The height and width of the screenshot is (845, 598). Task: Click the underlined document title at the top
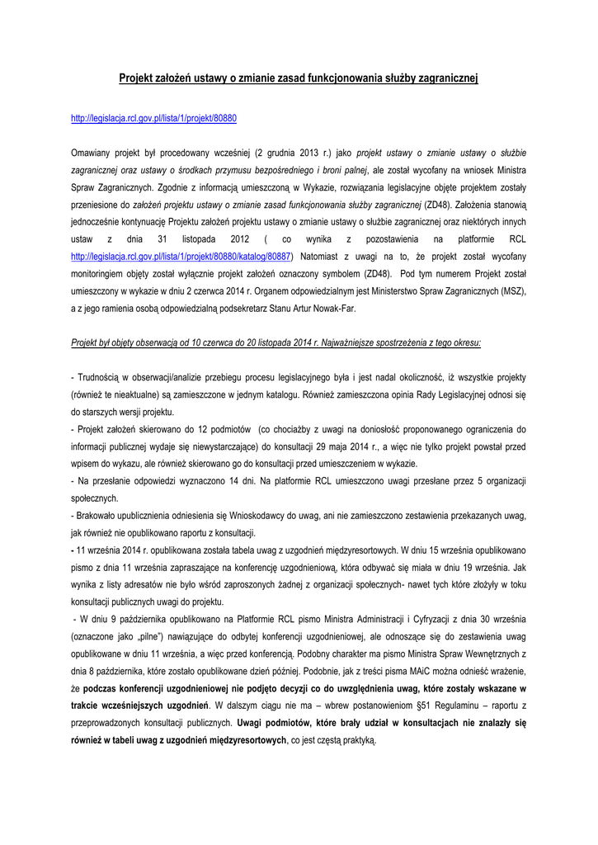(299, 78)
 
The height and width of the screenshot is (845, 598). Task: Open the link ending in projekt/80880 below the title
(153, 118)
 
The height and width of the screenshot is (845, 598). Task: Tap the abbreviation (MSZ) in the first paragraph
(511, 291)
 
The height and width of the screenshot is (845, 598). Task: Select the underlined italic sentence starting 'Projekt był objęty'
(276, 342)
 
